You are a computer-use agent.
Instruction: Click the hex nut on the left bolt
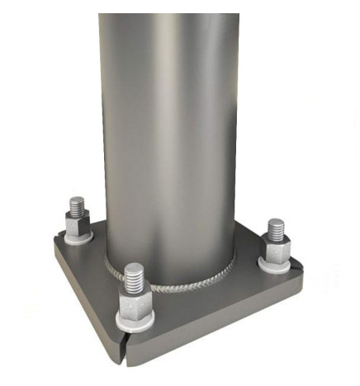pyautogui.click(x=77, y=224)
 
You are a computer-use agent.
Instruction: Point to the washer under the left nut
pyautogui.click(x=78, y=238)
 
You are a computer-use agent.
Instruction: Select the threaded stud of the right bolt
pyautogui.click(x=275, y=228)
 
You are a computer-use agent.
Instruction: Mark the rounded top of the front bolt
pyautogui.click(x=134, y=266)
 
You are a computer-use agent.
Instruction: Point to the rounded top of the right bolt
pyautogui.click(x=275, y=220)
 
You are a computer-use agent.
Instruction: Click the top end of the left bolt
pyautogui.click(x=78, y=198)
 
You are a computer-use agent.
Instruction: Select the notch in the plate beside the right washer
pyautogui.click(x=291, y=269)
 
